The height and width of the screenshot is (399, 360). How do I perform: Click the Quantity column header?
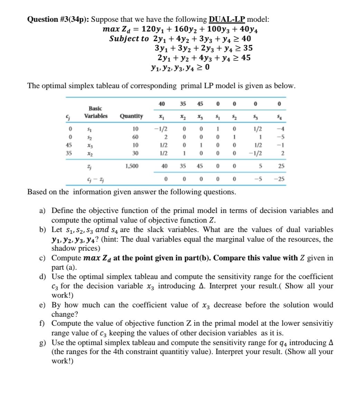[131, 116]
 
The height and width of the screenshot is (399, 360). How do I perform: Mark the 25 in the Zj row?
[281, 166]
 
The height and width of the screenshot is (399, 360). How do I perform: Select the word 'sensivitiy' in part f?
[316, 324]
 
